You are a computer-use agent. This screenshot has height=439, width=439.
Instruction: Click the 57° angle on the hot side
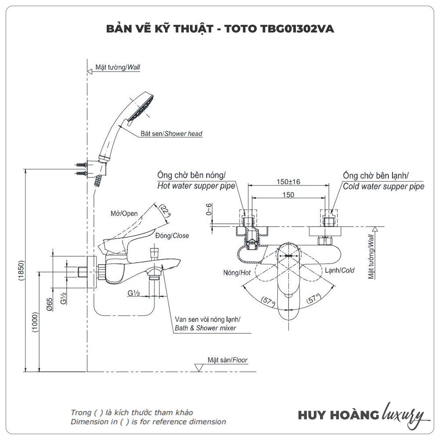point(266,301)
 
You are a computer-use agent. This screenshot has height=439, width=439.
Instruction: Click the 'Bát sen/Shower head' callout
point(172,133)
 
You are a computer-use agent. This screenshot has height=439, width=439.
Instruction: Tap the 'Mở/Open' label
point(124,214)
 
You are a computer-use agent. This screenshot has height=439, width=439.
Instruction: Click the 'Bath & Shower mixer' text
point(205,328)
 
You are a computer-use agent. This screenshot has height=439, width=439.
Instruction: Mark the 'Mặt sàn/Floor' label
point(227,360)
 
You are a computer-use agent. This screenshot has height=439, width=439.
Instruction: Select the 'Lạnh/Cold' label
point(340,270)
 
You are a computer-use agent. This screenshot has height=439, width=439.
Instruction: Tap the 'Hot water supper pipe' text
point(196,186)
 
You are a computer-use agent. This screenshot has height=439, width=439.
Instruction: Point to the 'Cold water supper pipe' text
point(383,186)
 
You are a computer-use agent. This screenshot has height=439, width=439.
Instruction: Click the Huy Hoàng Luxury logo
point(361,415)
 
